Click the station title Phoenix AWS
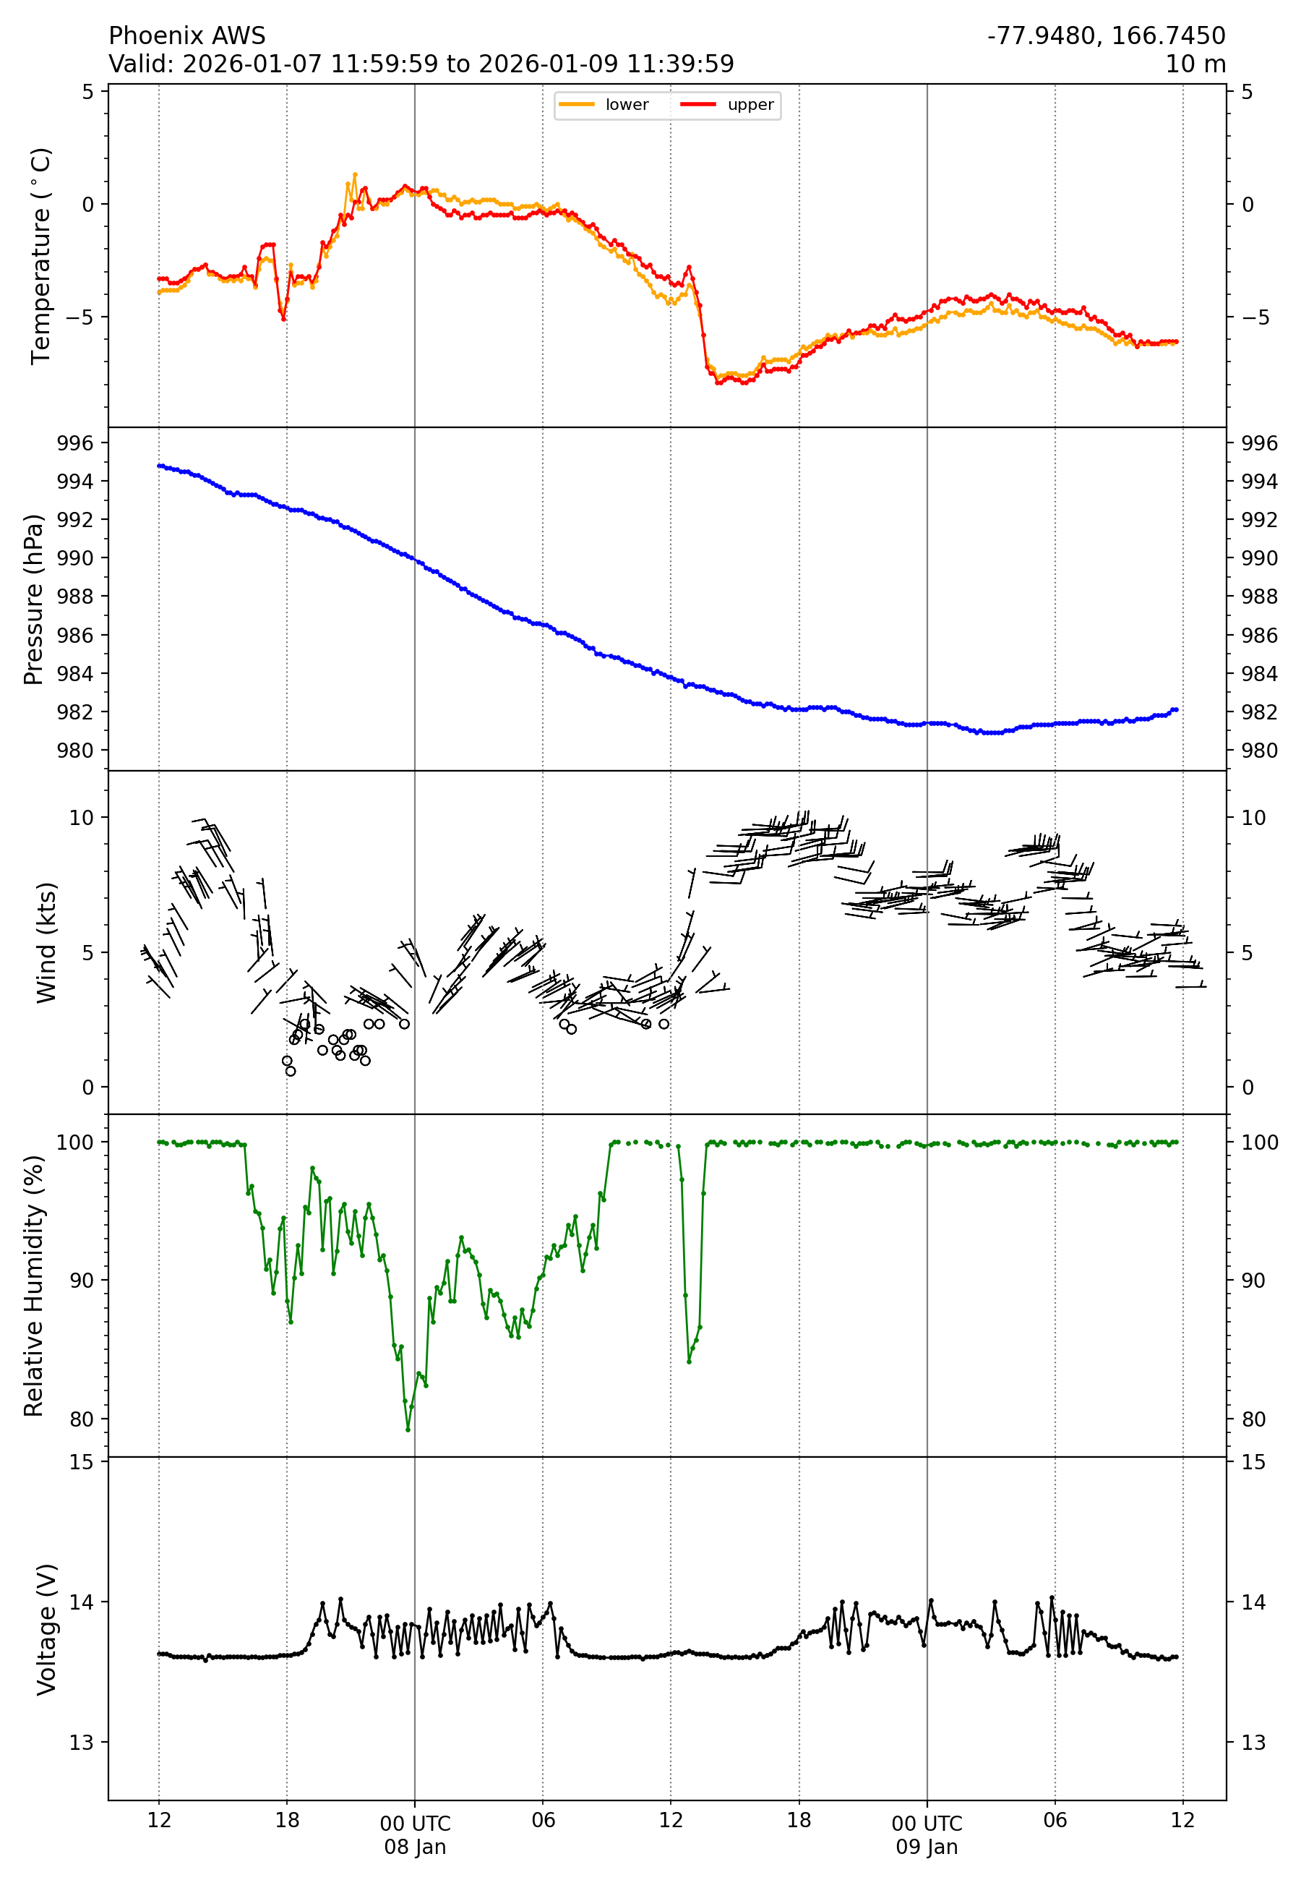click(186, 36)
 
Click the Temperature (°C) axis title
click(40, 255)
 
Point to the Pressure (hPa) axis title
click(33, 599)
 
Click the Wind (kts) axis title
click(46, 941)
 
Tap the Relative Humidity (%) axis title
click(33, 1286)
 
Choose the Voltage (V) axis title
click(46, 1629)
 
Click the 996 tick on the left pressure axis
click(75, 443)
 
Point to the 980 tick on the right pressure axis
click(1258, 750)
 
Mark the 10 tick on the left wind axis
click(82, 818)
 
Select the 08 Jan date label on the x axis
click(415, 1847)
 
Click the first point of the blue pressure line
click(159, 466)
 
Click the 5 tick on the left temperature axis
click(88, 92)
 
